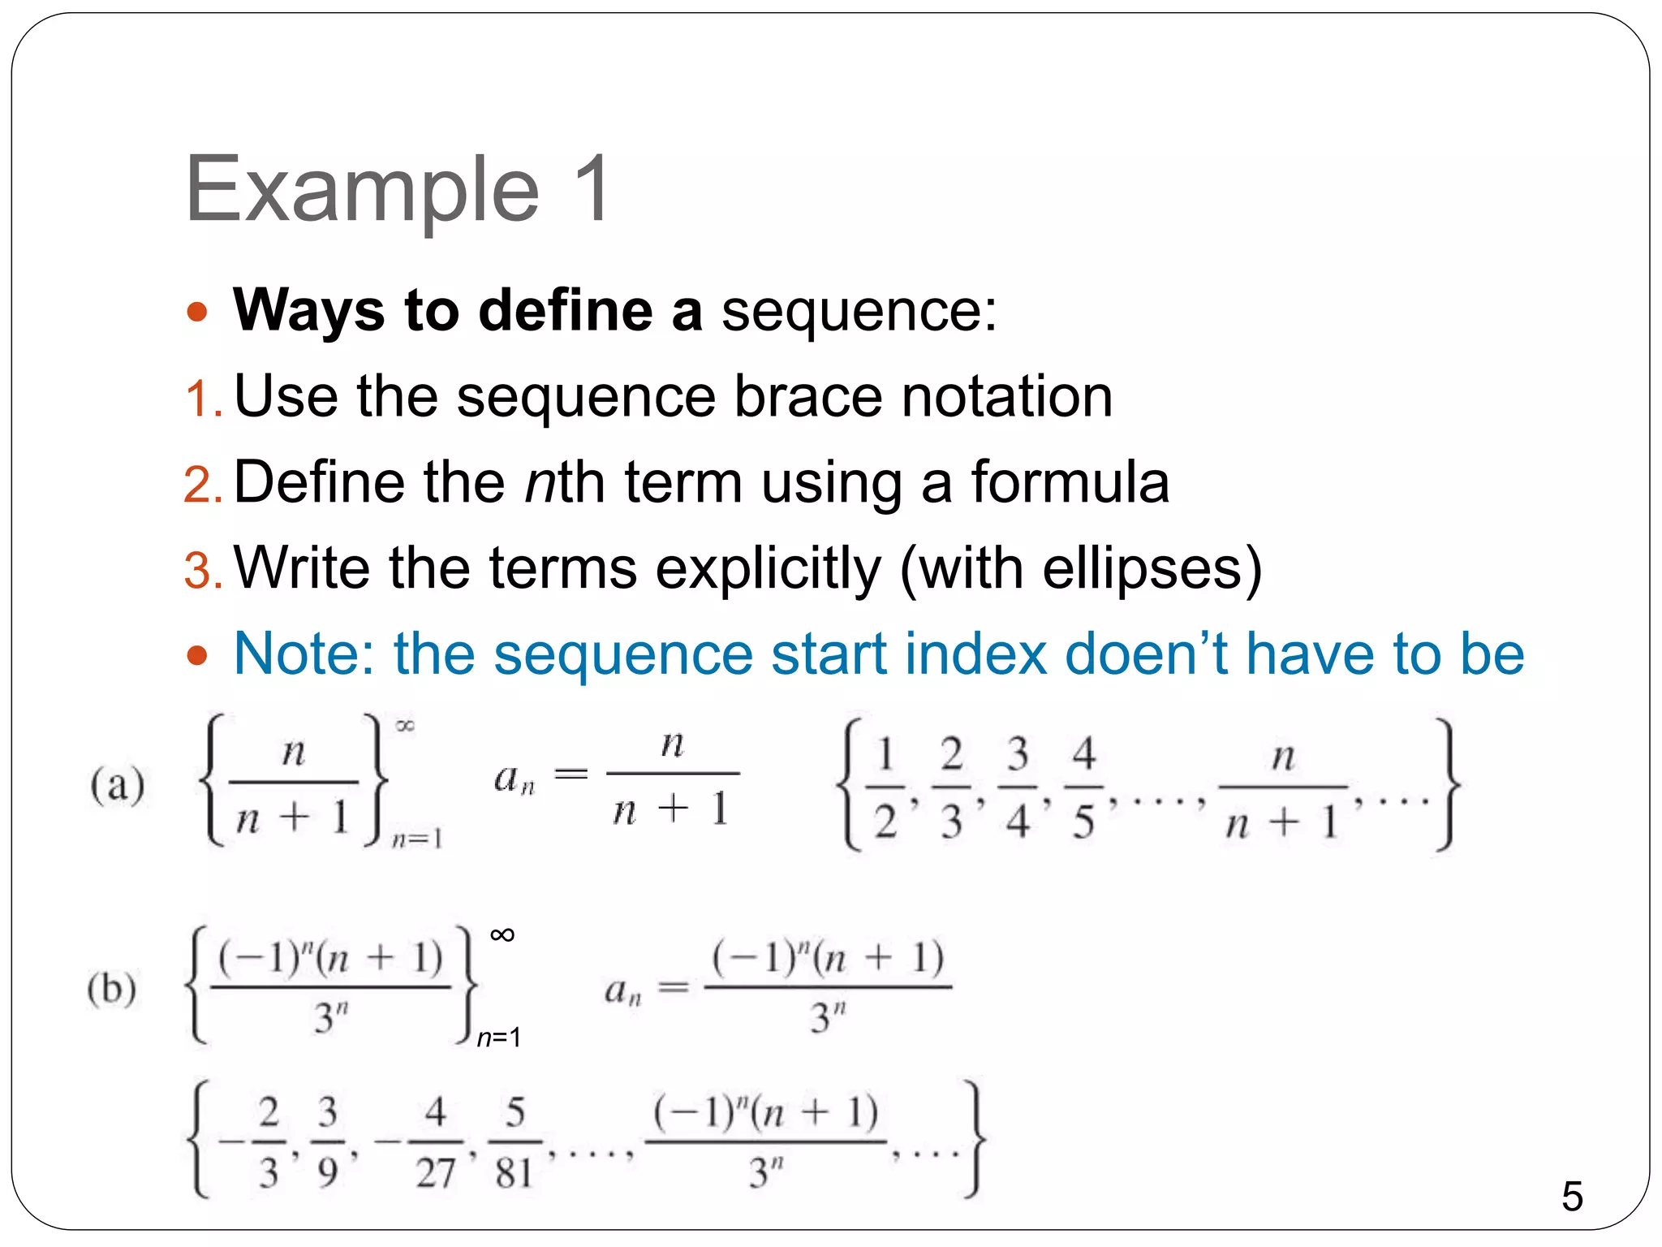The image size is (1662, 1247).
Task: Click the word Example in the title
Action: [x=362, y=191]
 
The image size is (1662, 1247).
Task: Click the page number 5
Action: [x=1572, y=1196]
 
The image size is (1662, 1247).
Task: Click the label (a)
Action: [x=118, y=786]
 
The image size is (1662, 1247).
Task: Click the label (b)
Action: [x=112, y=989]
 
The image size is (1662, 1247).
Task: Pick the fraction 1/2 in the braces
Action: [x=885, y=787]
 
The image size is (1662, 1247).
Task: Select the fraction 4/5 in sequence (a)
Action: [x=1083, y=787]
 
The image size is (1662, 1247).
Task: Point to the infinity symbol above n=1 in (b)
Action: [x=502, y=935]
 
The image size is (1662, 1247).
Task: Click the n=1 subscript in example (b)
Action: [x=498, y=1037]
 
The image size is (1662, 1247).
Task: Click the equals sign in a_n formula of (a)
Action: [x=571, y=775]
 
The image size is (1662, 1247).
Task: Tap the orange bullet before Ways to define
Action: [x=196, y=312]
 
